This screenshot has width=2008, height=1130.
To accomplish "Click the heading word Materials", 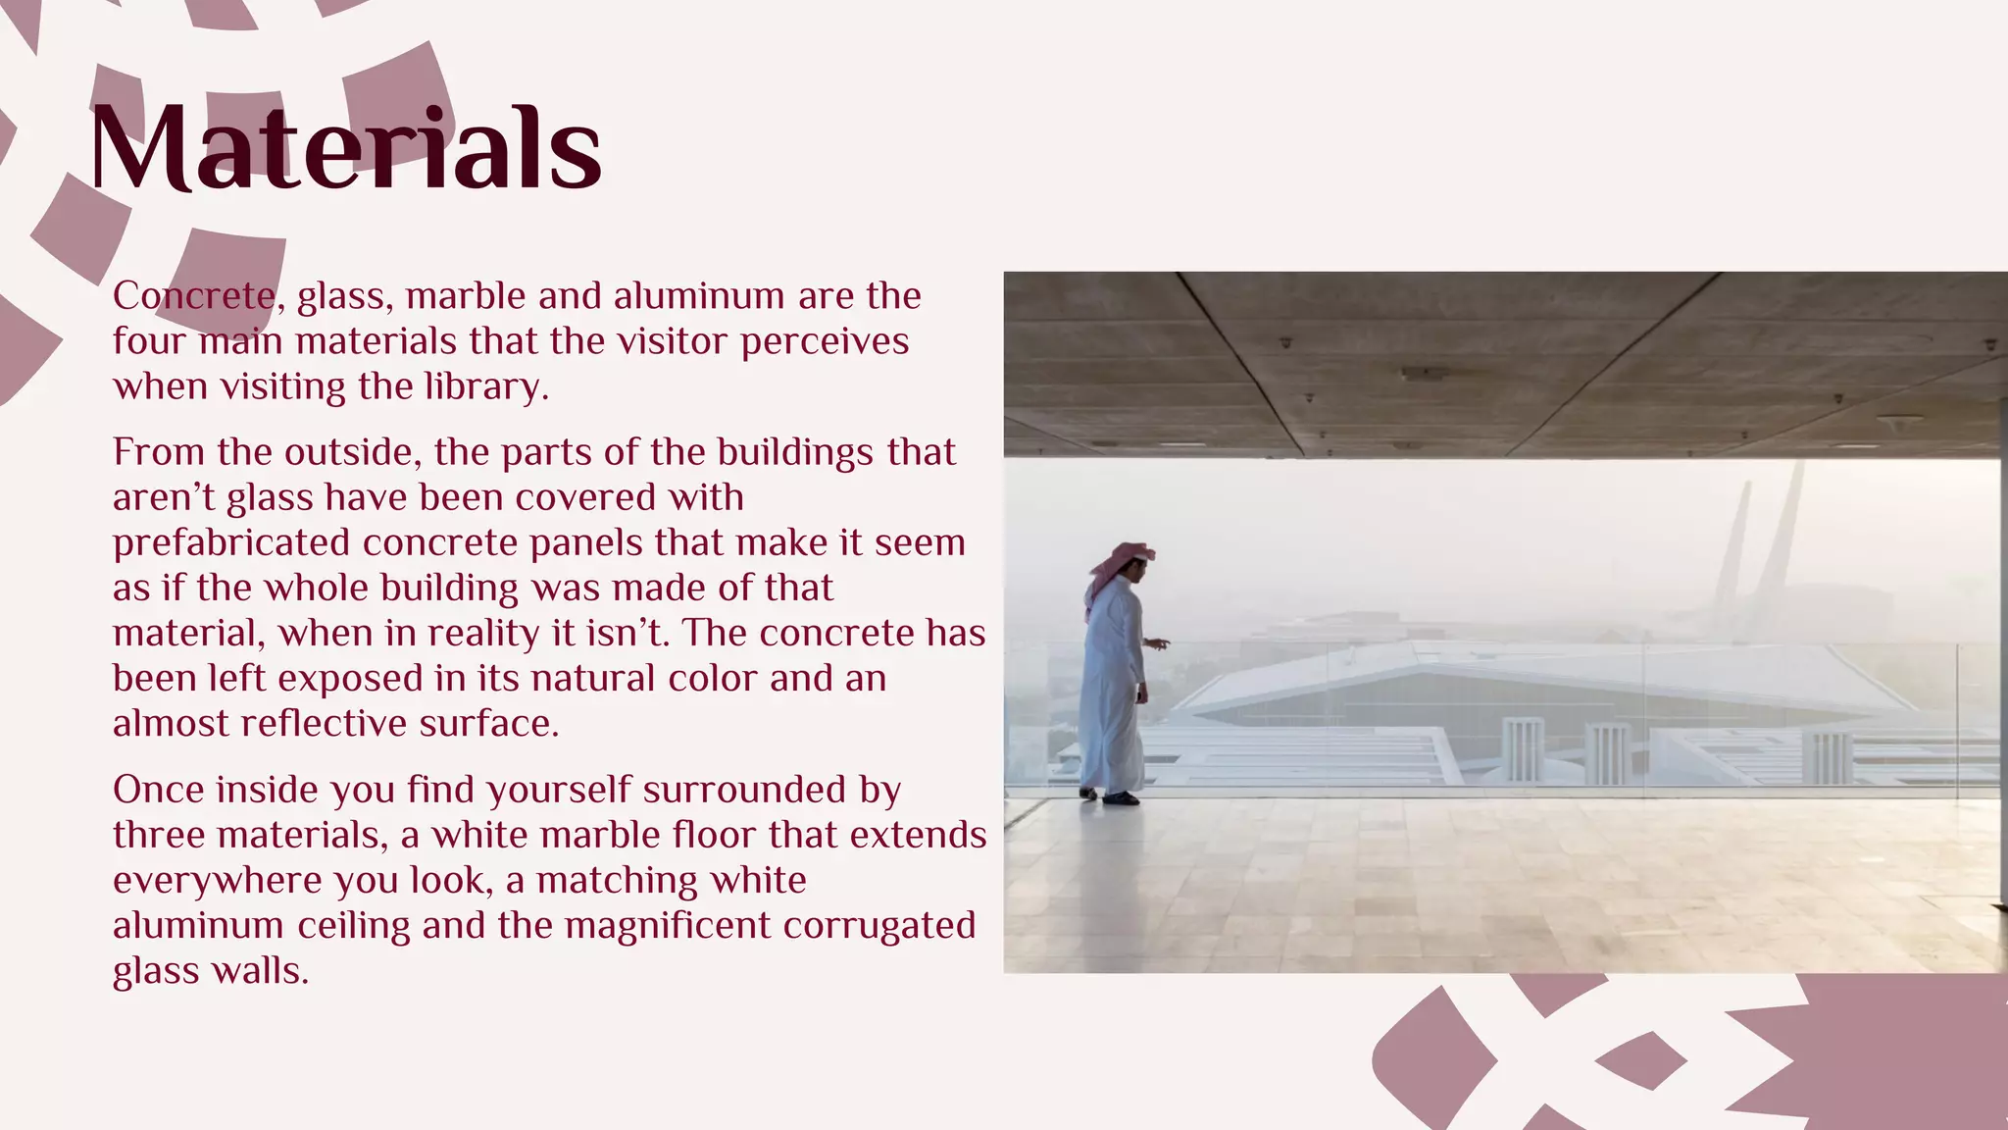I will (345, 149).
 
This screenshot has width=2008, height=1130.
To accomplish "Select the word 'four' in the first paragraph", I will (149, 341).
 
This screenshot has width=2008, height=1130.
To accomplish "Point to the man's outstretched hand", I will (1160, 643).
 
